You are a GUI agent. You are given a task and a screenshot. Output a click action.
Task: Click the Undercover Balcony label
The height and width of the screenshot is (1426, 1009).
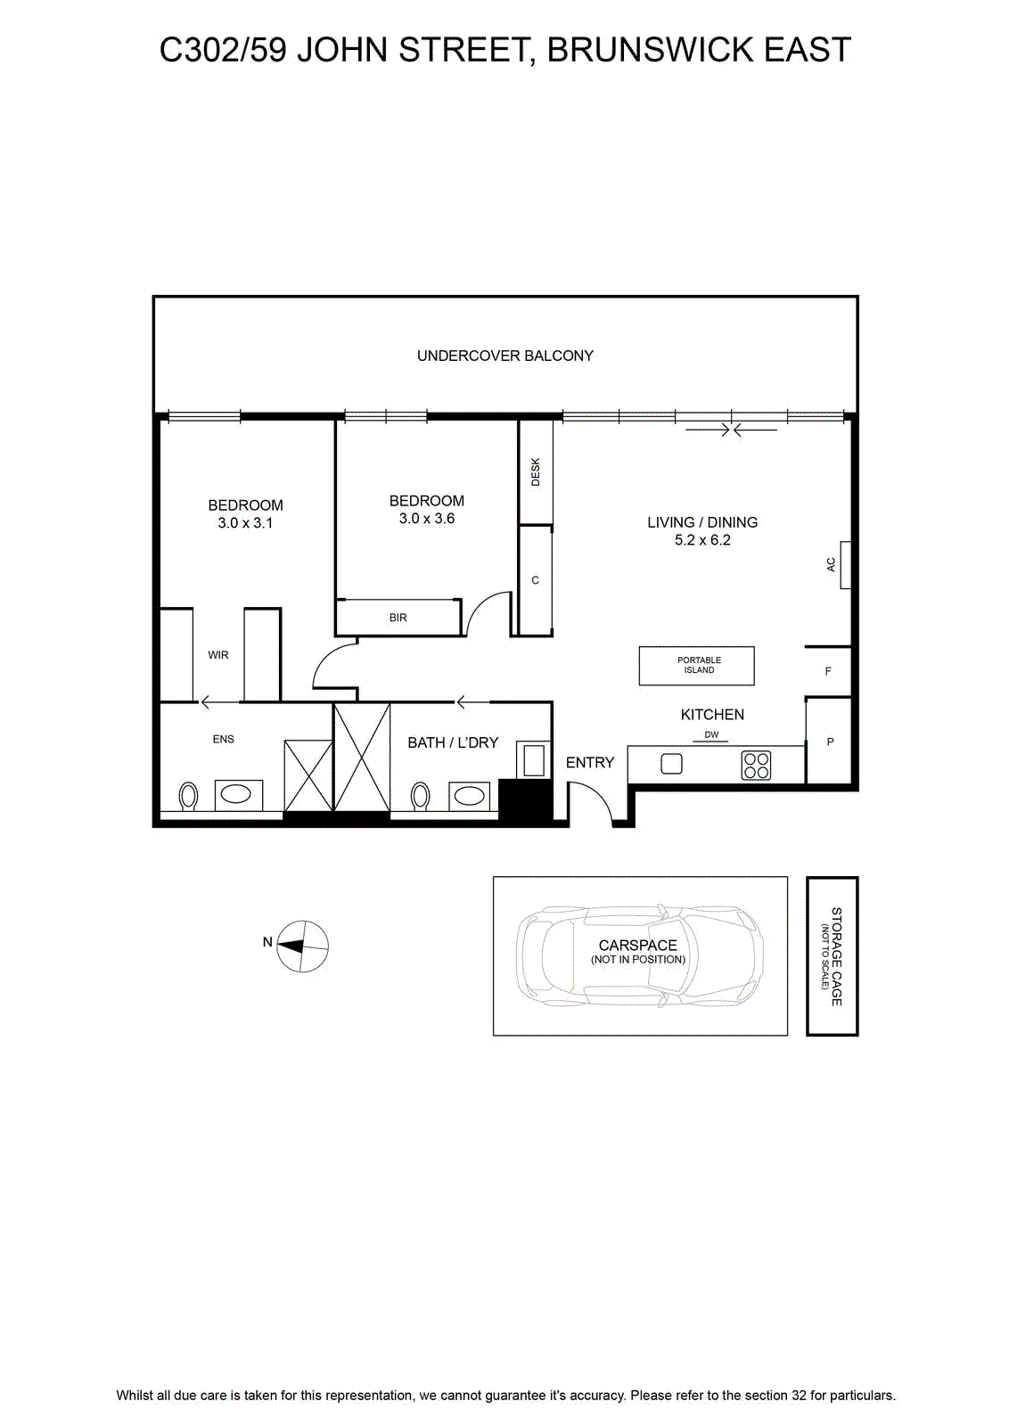[x=504, y=356]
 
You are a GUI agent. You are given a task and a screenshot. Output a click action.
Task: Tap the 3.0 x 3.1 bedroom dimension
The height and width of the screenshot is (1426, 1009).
[x=245, y=523]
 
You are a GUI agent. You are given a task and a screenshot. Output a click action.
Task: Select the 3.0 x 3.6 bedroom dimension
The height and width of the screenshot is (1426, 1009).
[x=427, y=519]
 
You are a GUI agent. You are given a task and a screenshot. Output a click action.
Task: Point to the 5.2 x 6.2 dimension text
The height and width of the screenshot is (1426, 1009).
[x=702, y=540]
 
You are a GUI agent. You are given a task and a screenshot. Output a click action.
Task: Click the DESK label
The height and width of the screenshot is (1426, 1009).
[x=536, y=471]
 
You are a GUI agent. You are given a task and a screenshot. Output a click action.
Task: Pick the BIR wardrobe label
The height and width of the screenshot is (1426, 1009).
[x=398, y=618]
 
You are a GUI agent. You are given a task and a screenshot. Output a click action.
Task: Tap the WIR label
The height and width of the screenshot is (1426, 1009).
[x=217, y=655]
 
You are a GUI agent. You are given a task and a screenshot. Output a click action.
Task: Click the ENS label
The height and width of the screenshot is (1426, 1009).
[x=223, y=739]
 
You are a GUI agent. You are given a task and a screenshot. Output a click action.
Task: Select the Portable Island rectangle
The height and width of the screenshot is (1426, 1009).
[x=696, y=666]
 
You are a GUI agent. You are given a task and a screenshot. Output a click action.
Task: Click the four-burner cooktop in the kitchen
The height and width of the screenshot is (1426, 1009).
[x=756, y=766]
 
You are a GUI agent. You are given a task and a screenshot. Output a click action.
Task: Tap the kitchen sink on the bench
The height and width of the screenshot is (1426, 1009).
[x=671, y=764]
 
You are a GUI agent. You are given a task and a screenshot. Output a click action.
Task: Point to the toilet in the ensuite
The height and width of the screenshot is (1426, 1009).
[x=188, y=797]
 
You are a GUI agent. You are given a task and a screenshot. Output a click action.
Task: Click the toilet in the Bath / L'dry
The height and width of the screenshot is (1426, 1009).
[x=420, y=797]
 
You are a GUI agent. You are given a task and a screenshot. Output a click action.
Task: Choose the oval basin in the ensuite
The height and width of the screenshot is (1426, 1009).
[x=239, y=795]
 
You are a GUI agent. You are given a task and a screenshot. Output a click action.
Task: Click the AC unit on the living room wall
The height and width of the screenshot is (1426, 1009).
[x=845, y=565]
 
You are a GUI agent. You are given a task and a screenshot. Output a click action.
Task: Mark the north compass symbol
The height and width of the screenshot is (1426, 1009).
[x=303, y=947]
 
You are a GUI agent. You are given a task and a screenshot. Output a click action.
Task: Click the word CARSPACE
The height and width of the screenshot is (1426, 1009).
[x=637, y=946]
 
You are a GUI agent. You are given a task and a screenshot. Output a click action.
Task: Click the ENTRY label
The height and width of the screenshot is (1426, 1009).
[x=589, y=763]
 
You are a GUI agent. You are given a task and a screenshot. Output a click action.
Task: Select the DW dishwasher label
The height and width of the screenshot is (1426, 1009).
[x=711, y=734]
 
